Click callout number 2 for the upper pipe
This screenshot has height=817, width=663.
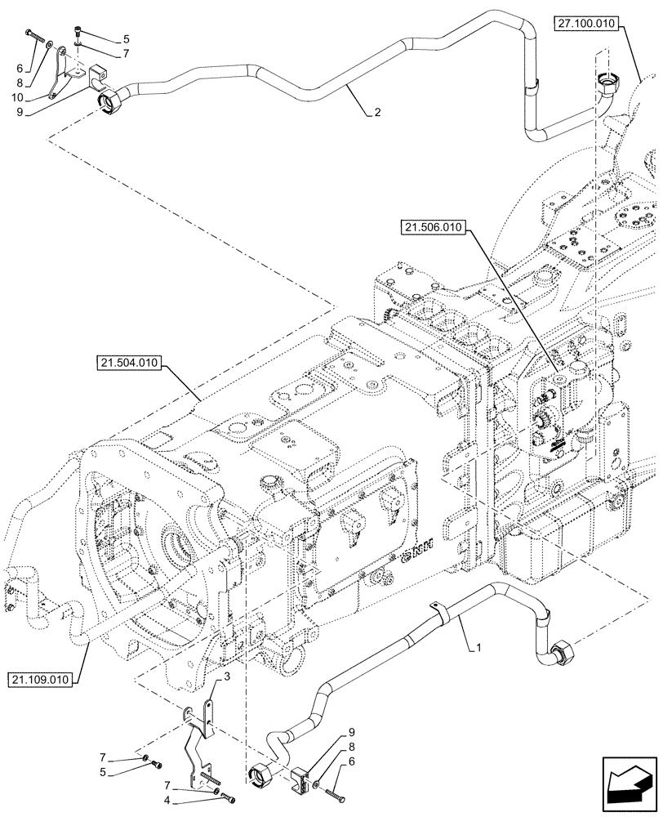(377, 114)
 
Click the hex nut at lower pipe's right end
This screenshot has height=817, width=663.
(563, 654)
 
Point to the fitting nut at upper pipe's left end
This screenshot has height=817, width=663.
(109, 104)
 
